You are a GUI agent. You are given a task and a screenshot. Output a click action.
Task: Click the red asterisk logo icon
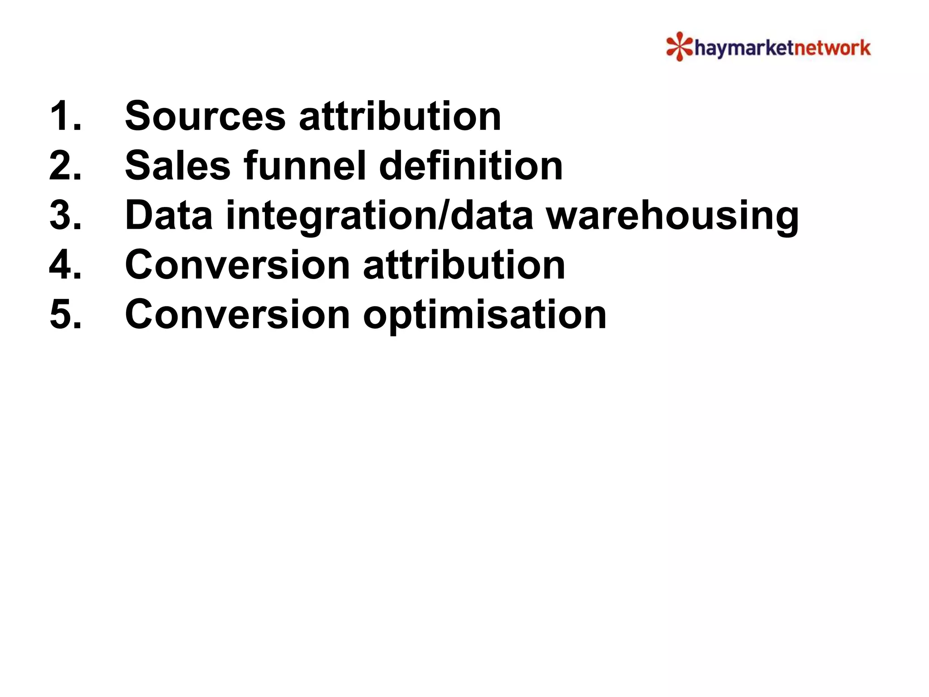(x=679, y=46)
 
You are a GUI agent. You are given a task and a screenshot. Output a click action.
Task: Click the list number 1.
(x=65, y=116)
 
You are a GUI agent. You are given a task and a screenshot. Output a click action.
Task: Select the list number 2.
(x=65, y=166)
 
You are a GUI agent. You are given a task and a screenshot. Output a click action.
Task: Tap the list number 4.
(x=65, y=265)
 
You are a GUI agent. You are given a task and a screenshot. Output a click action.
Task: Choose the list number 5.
(x=65, y=314)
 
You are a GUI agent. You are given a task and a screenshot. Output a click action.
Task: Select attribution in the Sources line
(x=400, y=116)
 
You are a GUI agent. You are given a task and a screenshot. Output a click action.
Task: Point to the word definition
(x=470, y=166)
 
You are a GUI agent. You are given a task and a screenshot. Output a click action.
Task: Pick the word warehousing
(x=672, y=216)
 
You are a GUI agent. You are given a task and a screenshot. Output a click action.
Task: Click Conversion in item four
(x=237, y=265)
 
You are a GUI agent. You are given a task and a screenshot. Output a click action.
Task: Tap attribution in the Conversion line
(x=464, y=265)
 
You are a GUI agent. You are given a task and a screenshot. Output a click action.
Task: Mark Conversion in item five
(x=237, y=314)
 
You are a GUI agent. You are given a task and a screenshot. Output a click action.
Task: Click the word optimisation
(x=484, y=315)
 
